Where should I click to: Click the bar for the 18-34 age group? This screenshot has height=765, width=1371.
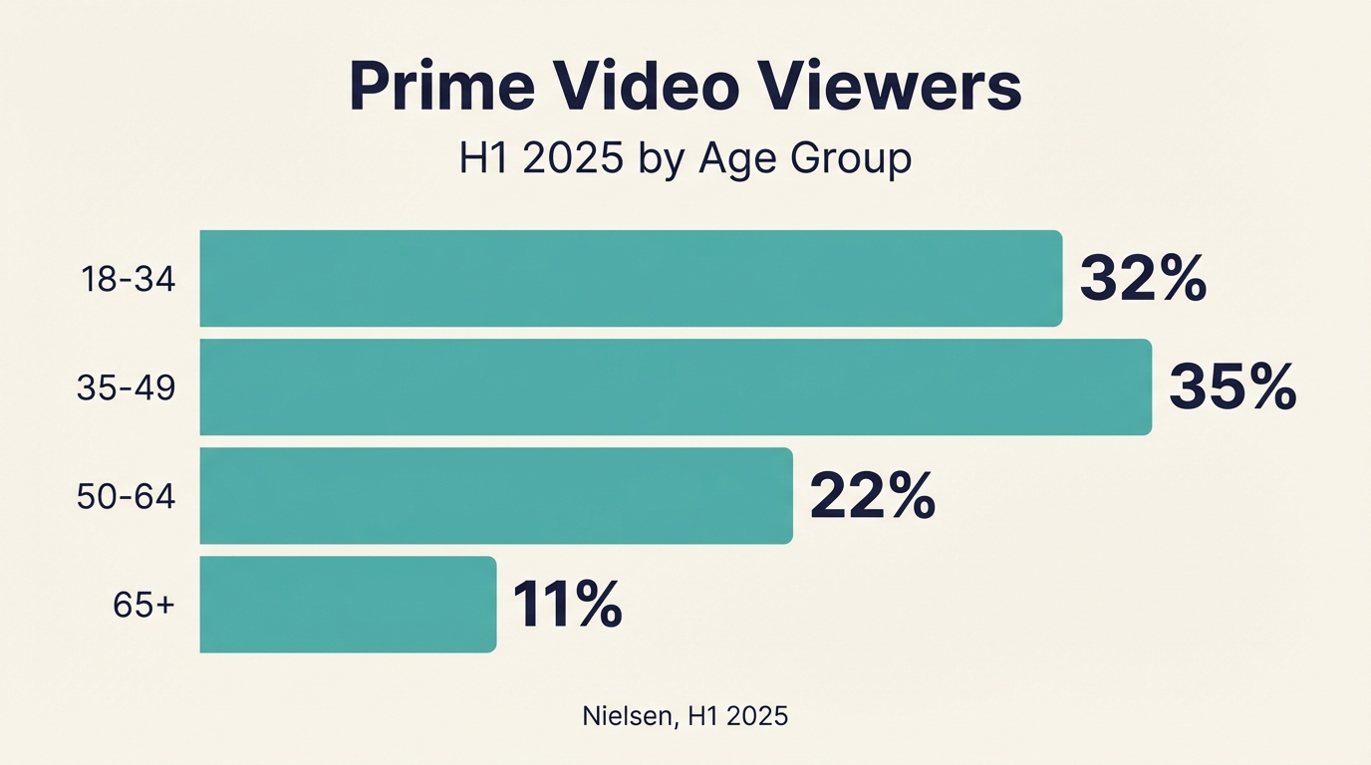[631, 278]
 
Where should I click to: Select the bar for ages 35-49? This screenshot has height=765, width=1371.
[676, 386]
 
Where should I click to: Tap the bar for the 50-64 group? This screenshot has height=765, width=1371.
[496, 495]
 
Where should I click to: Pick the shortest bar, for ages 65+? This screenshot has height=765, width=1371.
[348, 604]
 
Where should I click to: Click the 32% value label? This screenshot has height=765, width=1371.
[1143, 279]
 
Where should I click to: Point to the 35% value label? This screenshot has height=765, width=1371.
[1233, 387]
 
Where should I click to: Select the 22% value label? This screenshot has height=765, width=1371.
[873, 496]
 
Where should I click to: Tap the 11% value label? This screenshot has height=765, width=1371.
[567, 605]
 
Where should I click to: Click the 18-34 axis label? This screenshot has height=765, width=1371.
[128, 280]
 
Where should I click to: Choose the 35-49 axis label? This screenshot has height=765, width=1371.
[126, 387]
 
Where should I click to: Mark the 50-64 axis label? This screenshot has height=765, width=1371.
[126, 496]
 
